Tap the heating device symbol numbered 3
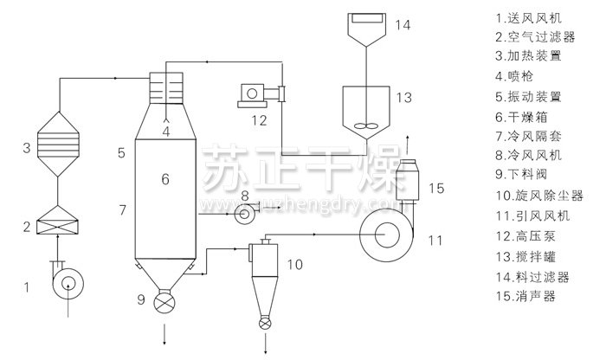point(58,145)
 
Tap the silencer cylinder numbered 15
point(408,180)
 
